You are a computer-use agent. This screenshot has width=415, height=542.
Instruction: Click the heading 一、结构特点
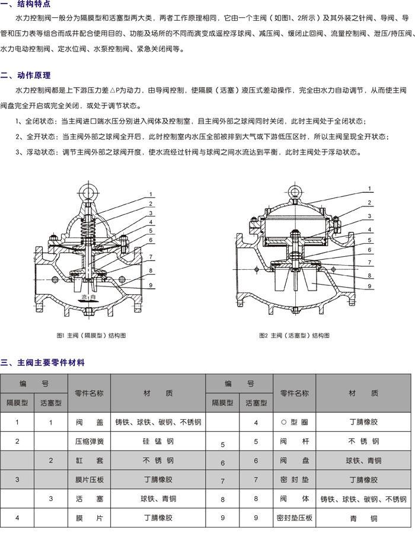tap(25, 4)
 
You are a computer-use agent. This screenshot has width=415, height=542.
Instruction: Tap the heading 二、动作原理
tap(25, 75)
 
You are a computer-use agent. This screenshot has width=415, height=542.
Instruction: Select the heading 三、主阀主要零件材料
tap(43, 362)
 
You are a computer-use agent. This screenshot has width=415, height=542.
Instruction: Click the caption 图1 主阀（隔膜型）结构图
tap(91, 335)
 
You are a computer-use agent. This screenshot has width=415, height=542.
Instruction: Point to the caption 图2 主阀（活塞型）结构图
tap(295, 335)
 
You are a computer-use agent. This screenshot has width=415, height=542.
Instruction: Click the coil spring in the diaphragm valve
tap(88, 227)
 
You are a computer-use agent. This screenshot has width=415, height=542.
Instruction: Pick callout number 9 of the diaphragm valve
tap(151, 285)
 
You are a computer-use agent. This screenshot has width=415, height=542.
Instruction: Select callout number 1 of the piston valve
tap(369, 189)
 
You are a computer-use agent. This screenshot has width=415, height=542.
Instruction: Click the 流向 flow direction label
tap(88, 297)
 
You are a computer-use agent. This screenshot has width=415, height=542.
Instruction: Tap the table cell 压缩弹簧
tap(90, 441)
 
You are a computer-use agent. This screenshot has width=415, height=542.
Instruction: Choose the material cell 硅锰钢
tap(158, 441)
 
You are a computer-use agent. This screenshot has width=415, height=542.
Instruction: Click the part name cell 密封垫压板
tap(295, 518)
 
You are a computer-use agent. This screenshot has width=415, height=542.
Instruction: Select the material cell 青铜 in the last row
tap(363, 518)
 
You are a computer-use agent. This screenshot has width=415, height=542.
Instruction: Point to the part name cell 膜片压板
tap(90, 480)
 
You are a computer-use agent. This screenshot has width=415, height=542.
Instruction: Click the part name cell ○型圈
tap(295, 422)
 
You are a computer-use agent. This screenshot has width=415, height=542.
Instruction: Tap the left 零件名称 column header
tap(89, 393)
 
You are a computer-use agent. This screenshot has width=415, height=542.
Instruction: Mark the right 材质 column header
tap(363, 393)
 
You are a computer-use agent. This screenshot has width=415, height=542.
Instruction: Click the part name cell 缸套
tap(90, 460)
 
